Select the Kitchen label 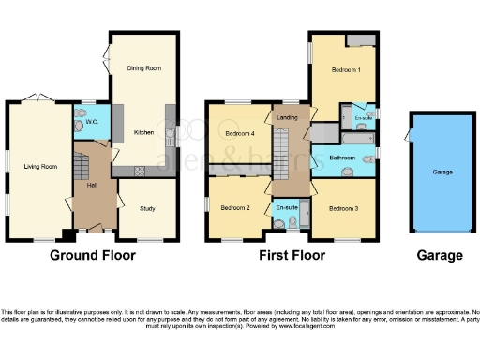click(x=142, y=132)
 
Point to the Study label click(x=147, y=208)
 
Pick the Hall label click(x=92, y=185)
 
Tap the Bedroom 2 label click(x=234, y=207)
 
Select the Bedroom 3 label click(x=344, y=208)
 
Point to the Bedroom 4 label click(x=241, y=133)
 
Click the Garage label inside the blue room click(x=442, y=172)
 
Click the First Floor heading click(x=293, y=255)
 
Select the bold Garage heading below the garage click(x=440, y=255)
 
